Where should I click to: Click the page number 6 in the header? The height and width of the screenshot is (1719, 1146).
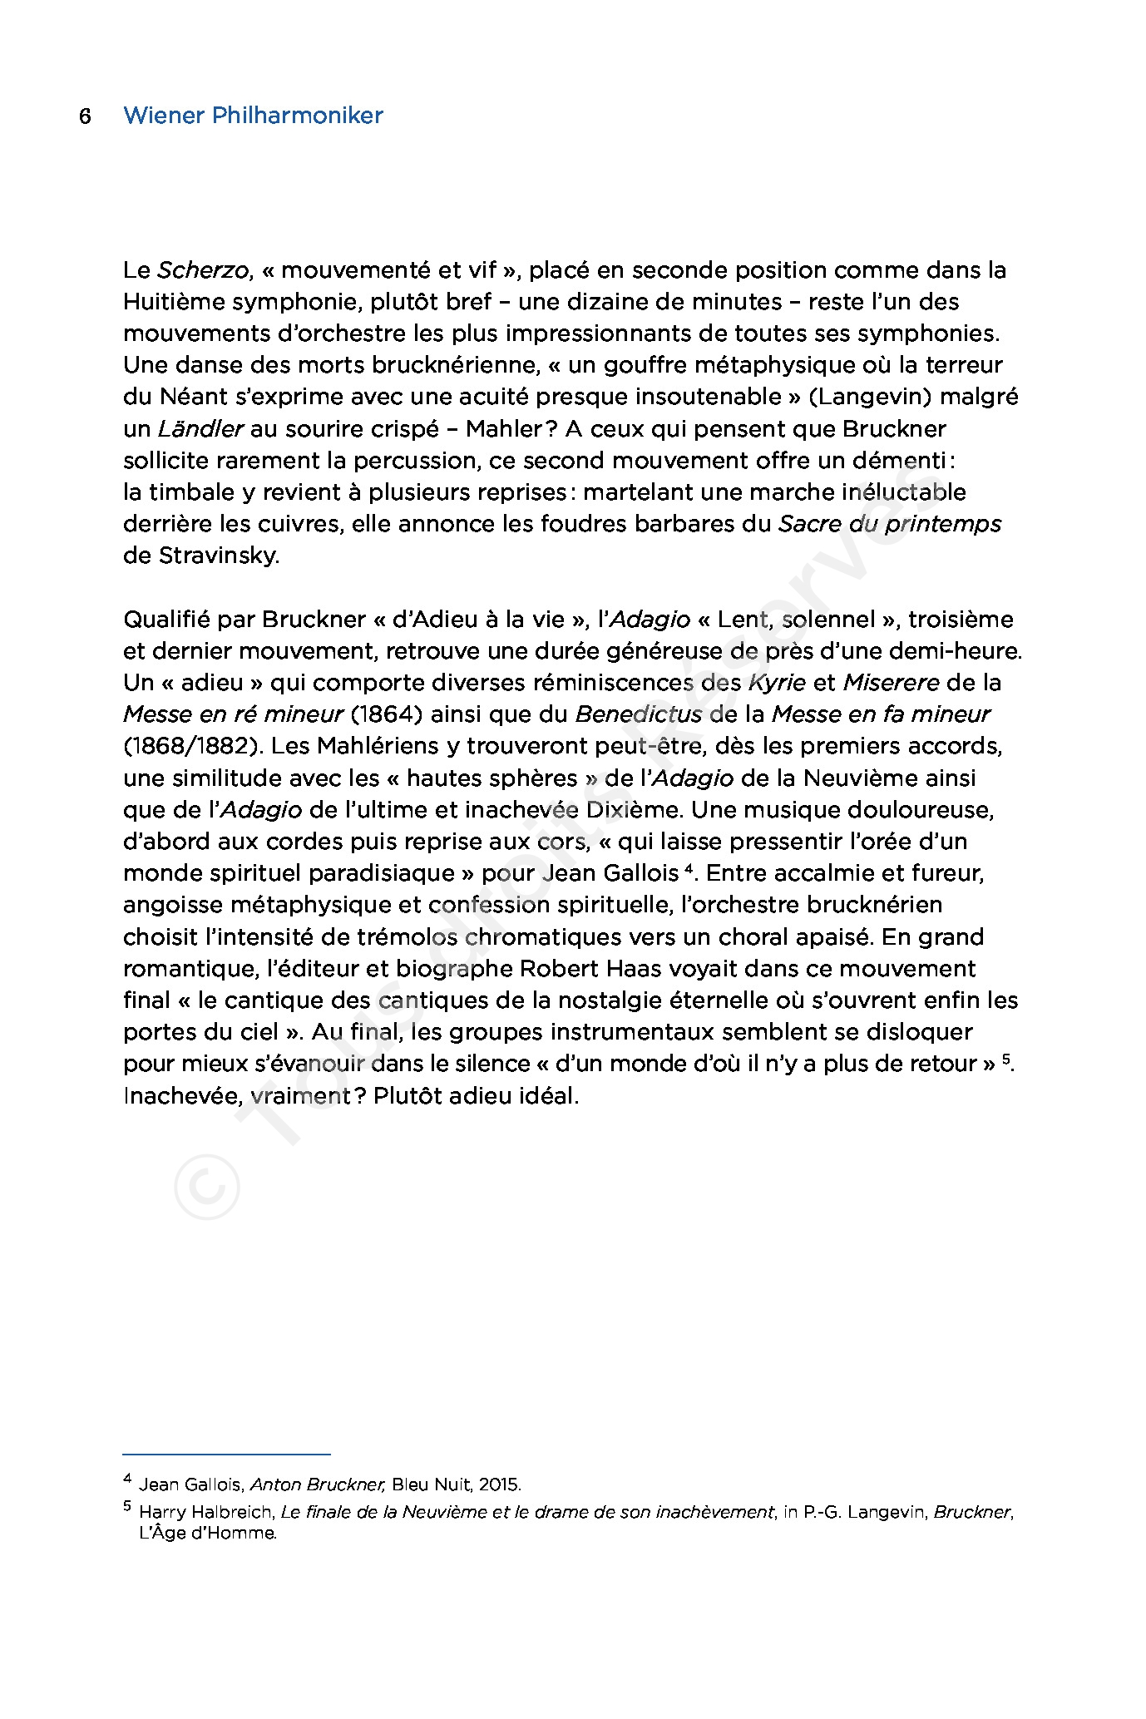click(85, 116)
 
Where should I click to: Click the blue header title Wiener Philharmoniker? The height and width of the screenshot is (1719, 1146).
click(253, 116)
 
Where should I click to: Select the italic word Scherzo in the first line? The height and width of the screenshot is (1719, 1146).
click(203, 270)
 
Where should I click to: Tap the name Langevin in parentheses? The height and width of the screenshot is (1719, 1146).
click(871, 397)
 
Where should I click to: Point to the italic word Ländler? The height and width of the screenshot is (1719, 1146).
click(200, 429)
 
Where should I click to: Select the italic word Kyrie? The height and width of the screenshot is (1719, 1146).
click(777, 683)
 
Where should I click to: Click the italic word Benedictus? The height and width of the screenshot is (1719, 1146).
click(639, 714)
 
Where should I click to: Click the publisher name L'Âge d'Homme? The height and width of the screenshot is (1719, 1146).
click(207, 1533)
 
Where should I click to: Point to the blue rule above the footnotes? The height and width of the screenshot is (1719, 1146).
click(226, 1455)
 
